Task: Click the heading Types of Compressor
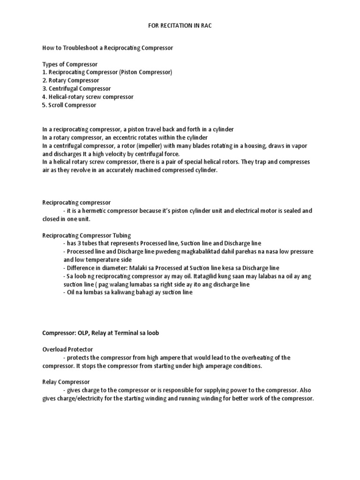click(x=70, y=64)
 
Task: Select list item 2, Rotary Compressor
click(x=71, y=80)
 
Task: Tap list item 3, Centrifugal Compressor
click(x=76, y=88)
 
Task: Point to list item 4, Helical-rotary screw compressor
click(x=88, y=97)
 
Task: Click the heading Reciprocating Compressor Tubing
click(x=87, y=235)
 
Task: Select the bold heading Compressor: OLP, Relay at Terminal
click(x=101, y=333)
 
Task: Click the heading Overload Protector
click(x=67, y=349)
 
